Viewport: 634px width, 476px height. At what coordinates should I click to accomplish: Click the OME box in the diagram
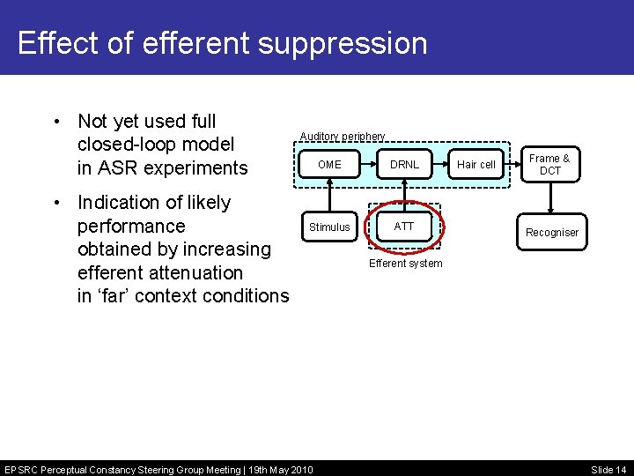click(x=329, y=165)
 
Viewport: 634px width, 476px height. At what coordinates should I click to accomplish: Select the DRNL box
click(x=405, y=165)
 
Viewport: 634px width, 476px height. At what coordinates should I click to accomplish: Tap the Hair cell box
click(x=476, y=165)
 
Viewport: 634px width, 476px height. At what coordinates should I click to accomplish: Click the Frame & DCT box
click(x=549, y=165)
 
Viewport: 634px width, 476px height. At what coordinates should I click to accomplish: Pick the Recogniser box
click(x=552, y=233)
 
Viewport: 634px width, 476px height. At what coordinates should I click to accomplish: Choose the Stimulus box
click(x=329, y=227)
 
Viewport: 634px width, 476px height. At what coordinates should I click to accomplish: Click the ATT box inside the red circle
click(x=404, y=227)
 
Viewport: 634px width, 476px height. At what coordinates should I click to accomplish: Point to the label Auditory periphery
click(x=343, y=137)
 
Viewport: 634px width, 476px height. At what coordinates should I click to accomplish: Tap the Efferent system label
click(x=405, y=264)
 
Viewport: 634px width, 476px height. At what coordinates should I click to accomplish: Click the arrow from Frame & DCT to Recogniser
click(x=549, y=198)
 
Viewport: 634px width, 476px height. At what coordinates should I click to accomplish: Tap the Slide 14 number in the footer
click(x=608, y=469)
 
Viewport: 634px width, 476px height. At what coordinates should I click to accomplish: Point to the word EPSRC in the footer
click(x=22, y=469)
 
